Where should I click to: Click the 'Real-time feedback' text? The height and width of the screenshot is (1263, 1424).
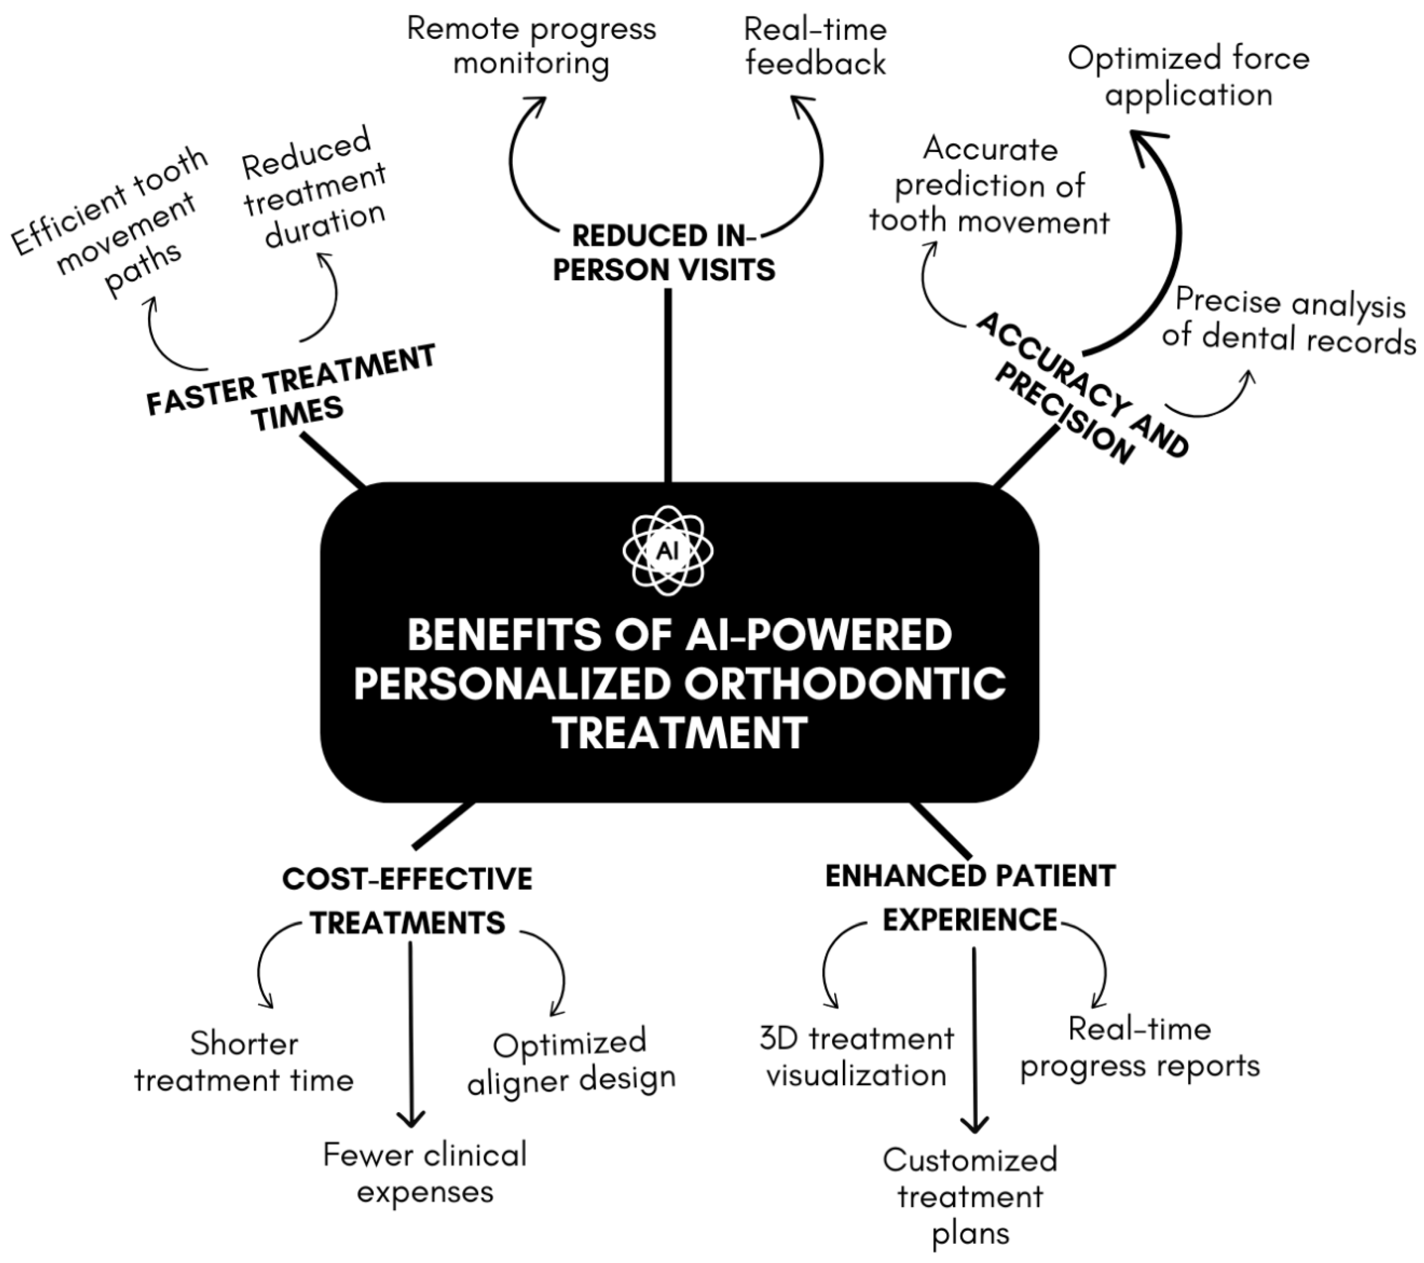point(815,47)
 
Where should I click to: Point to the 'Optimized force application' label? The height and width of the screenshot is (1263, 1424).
point(1188,77)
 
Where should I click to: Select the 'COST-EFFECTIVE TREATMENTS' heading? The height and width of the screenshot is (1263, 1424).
point(407,901)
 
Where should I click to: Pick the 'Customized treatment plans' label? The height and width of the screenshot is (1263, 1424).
point(970,1197)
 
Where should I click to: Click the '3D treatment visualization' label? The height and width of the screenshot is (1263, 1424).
point(856,1057)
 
